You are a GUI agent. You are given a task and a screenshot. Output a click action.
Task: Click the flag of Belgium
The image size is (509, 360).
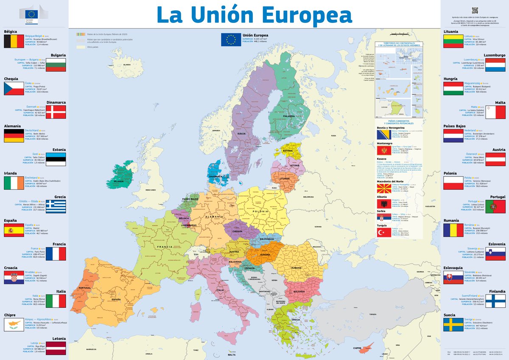[14, 42]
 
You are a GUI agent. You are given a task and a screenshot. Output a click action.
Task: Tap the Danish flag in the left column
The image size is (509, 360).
[56, 112]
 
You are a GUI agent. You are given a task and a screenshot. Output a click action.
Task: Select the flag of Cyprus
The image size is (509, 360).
[14, 325]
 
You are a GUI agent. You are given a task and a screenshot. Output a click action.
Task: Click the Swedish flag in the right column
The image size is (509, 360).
[453, 325]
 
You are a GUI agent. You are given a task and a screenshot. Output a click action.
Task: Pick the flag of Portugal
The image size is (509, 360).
[495, 207]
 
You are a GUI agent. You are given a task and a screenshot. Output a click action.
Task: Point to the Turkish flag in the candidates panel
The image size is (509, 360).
[384, 233]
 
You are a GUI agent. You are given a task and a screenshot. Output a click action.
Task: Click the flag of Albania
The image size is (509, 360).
[384, 204]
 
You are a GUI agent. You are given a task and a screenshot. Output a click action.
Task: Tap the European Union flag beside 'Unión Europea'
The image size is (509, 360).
[231, 39]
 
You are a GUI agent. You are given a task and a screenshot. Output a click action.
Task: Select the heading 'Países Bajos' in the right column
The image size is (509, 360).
[455, 126]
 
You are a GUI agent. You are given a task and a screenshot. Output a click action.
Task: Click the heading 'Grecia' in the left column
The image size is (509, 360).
[60, 197]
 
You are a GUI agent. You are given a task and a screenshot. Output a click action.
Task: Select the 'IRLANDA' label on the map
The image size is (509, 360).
[119, 181]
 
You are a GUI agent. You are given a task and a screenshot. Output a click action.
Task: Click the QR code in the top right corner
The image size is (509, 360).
[475, 10]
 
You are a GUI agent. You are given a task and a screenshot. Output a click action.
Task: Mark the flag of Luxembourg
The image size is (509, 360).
[495, 65]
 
